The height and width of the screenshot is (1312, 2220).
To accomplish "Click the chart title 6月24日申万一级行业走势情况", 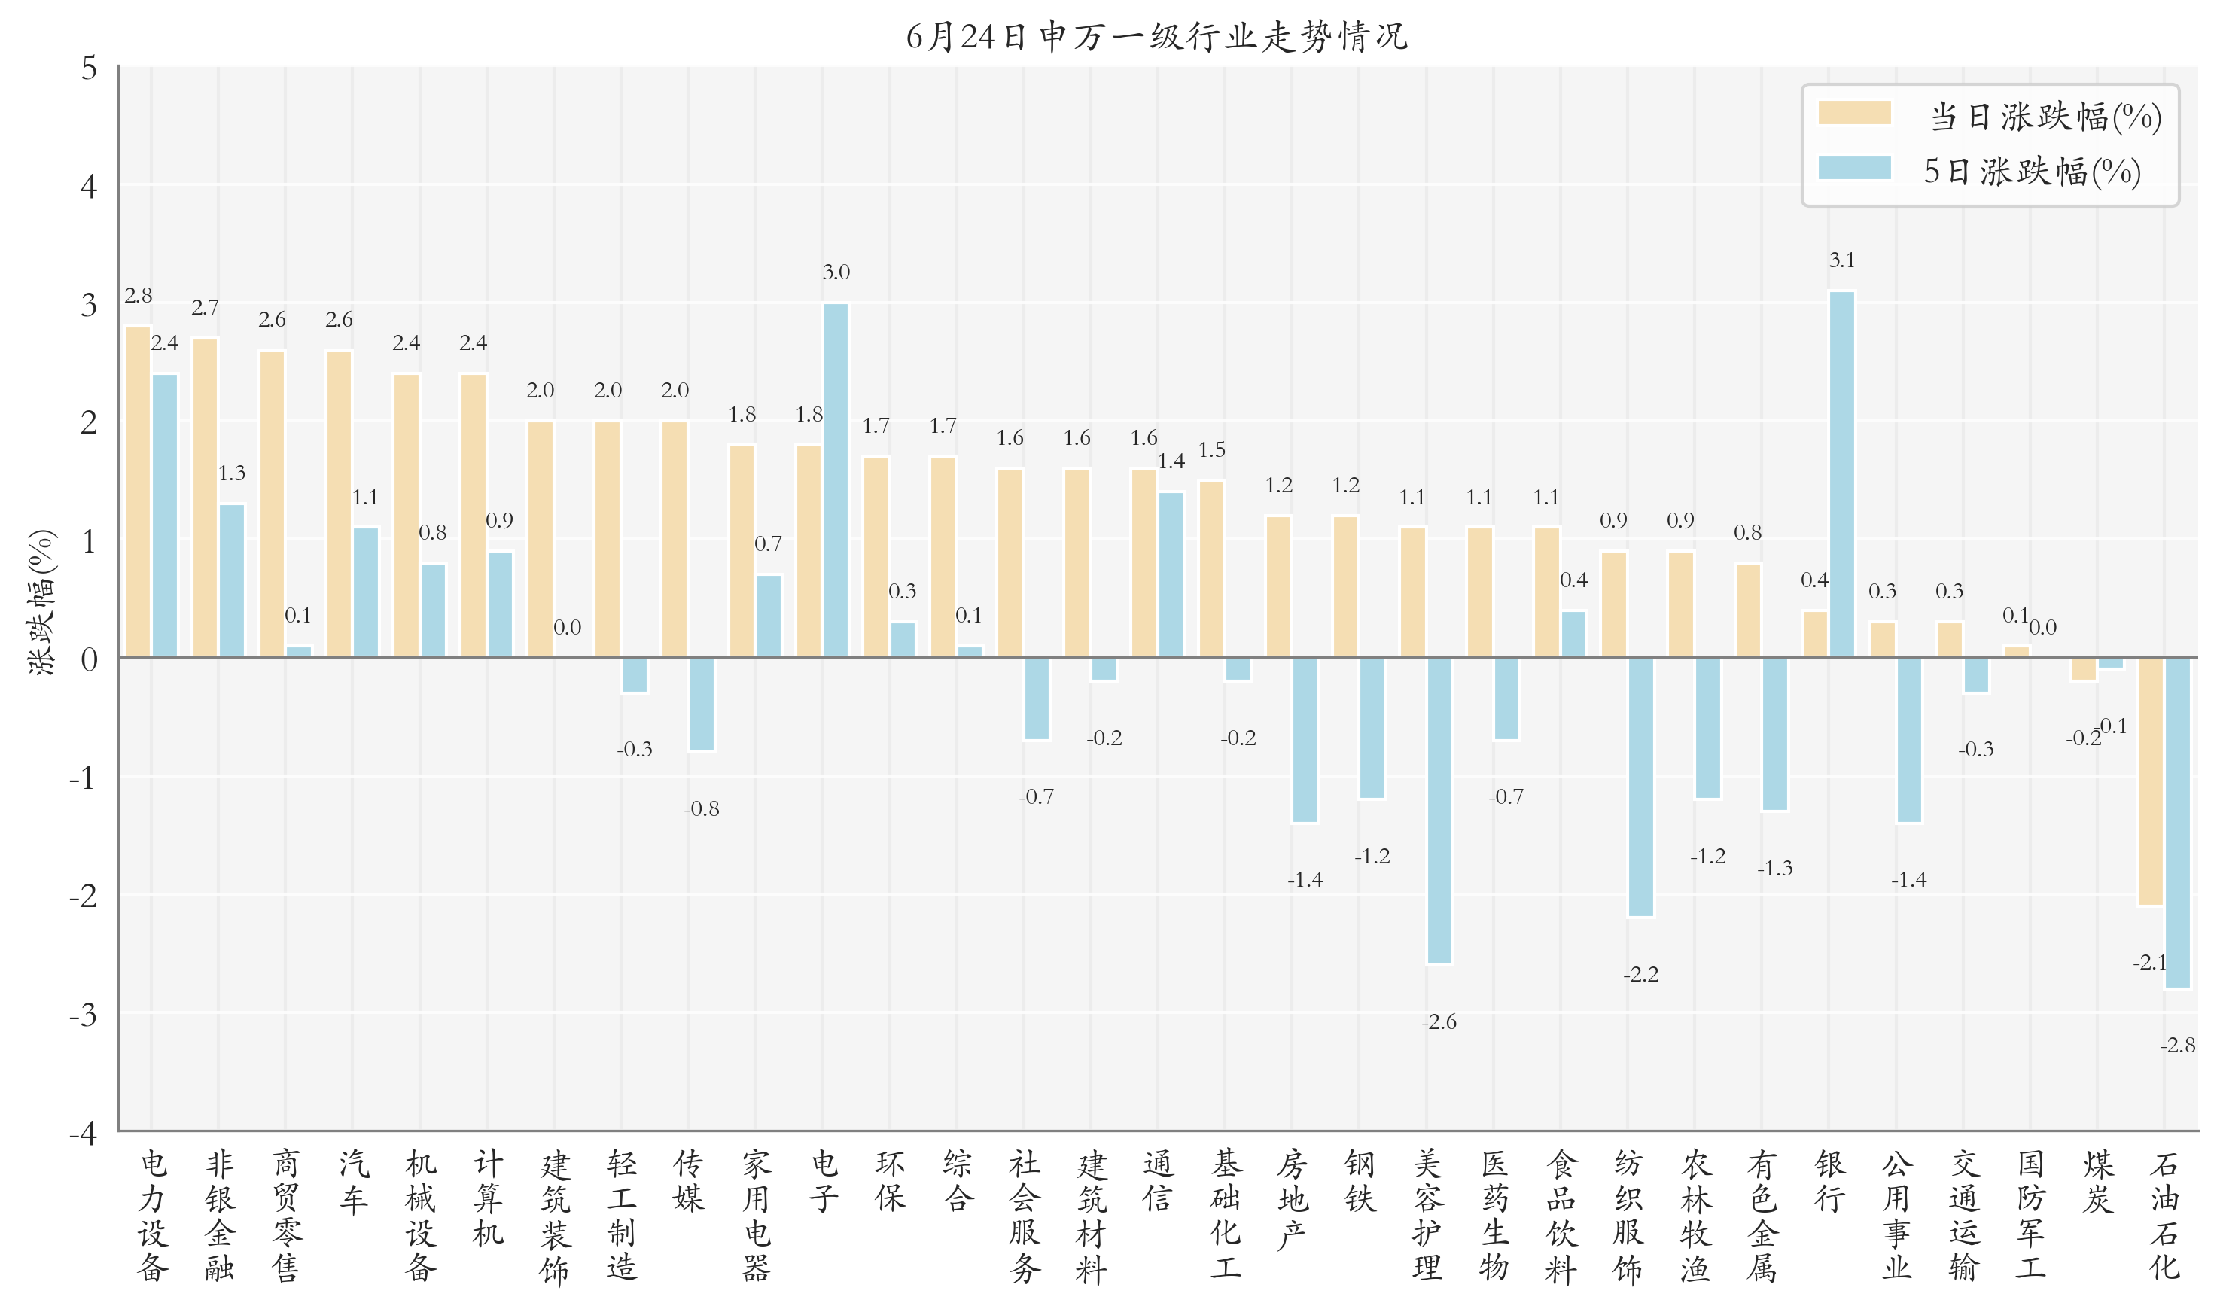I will click(1156, 36).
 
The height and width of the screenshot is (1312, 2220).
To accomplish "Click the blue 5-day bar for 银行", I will click(1841, 474).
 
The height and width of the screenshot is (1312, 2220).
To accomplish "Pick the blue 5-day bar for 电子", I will click(836, 480).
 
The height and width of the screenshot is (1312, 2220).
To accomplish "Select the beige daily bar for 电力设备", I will click(138, 492).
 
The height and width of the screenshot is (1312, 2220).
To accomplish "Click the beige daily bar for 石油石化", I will click(2150, 781).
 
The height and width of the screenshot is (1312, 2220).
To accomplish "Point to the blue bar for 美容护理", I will click(1439, 811).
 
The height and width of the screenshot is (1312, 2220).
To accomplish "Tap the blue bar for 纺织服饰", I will click(1641, 787).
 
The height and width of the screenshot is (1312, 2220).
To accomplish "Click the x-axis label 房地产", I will click(1292, 1199).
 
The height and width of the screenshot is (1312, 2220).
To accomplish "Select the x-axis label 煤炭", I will click(2097, 1181).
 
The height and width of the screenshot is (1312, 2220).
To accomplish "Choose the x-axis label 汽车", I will click(353, 1181).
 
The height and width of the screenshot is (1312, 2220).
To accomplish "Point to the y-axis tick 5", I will click(88, 68).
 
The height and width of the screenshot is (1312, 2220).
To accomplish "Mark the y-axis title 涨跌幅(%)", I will click(42, 602).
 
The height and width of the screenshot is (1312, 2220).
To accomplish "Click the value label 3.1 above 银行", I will click(1841, 260).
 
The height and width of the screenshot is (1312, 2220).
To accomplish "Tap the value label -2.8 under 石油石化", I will click(2178, 1045).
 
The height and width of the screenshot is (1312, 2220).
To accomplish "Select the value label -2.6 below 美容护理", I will click(1439, 1022).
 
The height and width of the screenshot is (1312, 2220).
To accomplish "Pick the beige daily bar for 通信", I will click(1144, 563).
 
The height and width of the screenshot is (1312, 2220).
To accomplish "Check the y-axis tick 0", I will click(88, 659).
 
